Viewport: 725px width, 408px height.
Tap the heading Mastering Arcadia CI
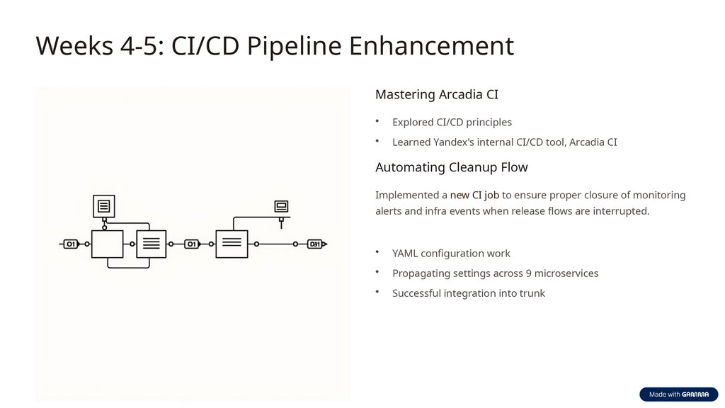(436, 94)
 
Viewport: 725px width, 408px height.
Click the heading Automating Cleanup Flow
(451, 167)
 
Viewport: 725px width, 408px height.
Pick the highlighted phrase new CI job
(474, 195)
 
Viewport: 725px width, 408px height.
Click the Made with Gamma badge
(678, 395)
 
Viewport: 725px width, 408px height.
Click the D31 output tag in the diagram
(316, 244)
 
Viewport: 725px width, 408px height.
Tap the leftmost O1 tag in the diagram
(71, 244)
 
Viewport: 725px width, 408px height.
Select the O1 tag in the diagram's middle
(191, 244)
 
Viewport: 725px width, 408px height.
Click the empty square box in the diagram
(107, 244)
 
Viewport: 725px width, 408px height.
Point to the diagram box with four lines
(151, 244)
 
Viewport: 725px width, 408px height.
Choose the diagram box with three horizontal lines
(232, 244)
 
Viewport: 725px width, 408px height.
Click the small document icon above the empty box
(104, 206)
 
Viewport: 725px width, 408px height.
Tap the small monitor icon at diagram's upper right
(282, 207)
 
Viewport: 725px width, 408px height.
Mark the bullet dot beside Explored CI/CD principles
(378, 120)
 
